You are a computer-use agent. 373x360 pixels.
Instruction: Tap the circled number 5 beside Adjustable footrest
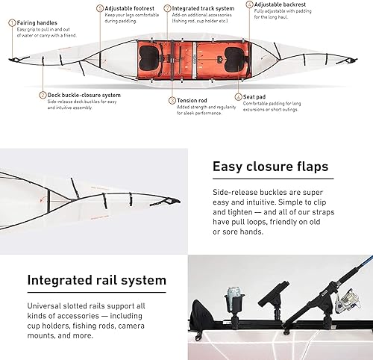101,8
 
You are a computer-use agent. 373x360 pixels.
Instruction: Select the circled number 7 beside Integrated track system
168,8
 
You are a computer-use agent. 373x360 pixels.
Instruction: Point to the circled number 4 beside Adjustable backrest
249,4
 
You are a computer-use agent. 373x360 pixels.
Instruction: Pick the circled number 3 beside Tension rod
172,100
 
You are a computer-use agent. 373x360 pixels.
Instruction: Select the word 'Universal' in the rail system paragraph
46,306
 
